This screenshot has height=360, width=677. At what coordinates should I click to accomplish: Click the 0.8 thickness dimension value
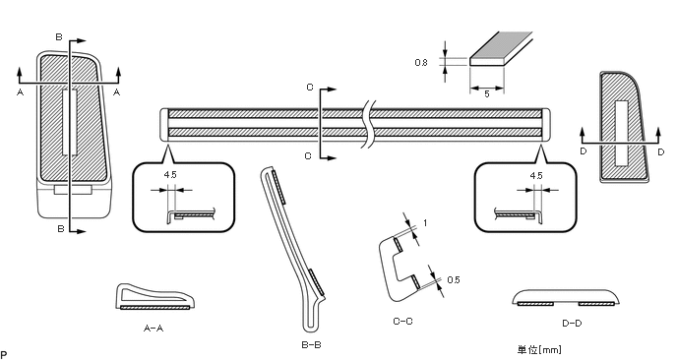(x=421, y=63)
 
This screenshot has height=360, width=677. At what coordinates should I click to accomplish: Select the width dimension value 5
(x=487, y=94)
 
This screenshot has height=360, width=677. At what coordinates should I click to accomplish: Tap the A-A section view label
(x=154, y=329)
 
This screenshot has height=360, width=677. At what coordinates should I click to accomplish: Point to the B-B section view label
(x=311, y=345)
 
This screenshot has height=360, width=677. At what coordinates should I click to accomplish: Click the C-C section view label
(x=402, y=322)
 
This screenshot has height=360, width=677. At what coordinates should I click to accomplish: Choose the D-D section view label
(x=572, y=324)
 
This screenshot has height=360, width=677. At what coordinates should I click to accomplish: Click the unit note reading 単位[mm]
(x=539, y=349)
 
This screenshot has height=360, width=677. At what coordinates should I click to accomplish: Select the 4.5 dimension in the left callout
(x=170, y=175)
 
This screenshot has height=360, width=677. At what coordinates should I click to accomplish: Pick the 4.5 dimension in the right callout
(x=536, y=176)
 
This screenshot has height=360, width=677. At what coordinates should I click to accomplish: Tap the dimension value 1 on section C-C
(x=425, y=223)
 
